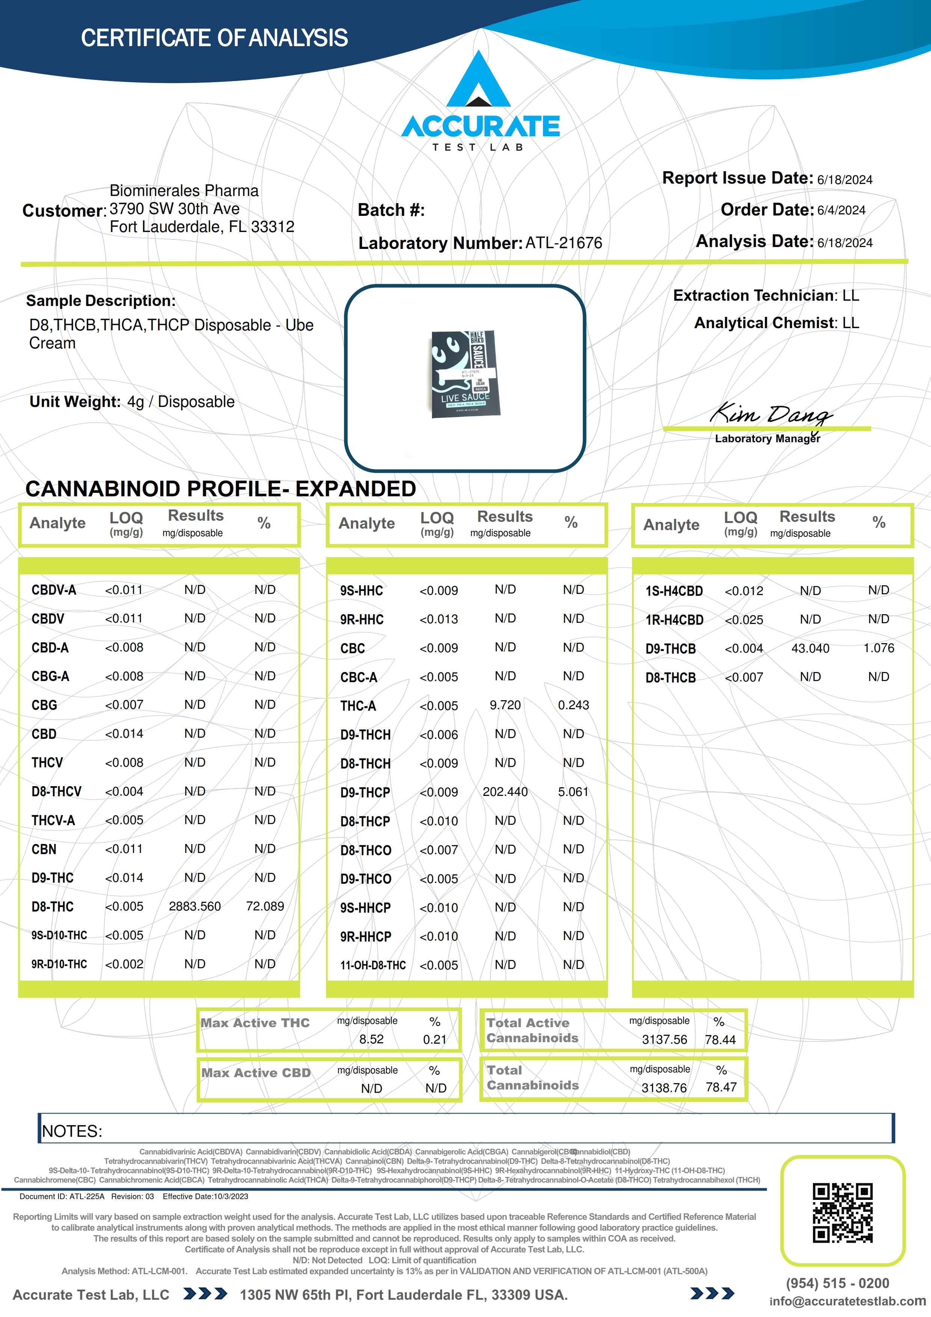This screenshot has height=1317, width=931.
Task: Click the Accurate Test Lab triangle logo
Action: pos(479,80)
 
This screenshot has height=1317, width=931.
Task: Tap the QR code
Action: pos(842,1213)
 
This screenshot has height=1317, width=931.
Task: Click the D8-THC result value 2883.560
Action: pos(195,906)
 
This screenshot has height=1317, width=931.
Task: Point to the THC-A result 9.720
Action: pos(505,705)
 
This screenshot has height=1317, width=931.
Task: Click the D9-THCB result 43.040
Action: pos(810,648)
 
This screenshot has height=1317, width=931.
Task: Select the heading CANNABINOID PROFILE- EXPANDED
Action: pos(220,489)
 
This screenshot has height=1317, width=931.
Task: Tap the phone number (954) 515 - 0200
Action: pos(837,1283)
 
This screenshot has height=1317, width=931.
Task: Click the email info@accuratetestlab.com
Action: pos(847,1301)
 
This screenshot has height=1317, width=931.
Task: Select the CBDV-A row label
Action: pos(54,590)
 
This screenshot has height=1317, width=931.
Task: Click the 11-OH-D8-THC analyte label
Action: pos(373,965)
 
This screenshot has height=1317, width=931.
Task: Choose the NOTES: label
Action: pos(72,1131)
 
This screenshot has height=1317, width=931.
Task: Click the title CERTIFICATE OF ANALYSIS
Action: pos(214,38)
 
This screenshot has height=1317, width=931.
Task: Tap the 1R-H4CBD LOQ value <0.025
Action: pos(744,619)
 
